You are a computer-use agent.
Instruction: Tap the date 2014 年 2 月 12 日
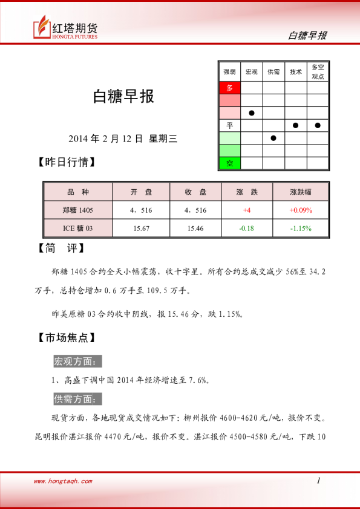click(106, 138)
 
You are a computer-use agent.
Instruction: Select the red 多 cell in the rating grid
click(229, 88)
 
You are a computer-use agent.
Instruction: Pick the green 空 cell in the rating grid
click(229, 163)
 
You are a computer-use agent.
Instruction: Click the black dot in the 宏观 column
click(251, 113)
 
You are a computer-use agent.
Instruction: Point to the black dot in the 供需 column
click(273, 138)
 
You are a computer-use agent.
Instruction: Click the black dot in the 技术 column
click(295, 125)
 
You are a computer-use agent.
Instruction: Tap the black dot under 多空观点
click(317, 125)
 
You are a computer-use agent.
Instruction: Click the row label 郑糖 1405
click(78, 210)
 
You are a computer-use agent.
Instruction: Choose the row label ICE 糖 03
click(78, 228)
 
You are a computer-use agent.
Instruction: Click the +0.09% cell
click(300, 210)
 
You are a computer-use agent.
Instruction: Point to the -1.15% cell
click(300, 228)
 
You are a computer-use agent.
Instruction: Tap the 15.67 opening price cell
click(141, 228)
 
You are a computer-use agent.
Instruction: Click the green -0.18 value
click(247, 228)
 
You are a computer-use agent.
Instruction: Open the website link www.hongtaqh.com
click(63, 481)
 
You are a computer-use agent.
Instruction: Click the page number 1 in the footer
click(318, 481)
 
